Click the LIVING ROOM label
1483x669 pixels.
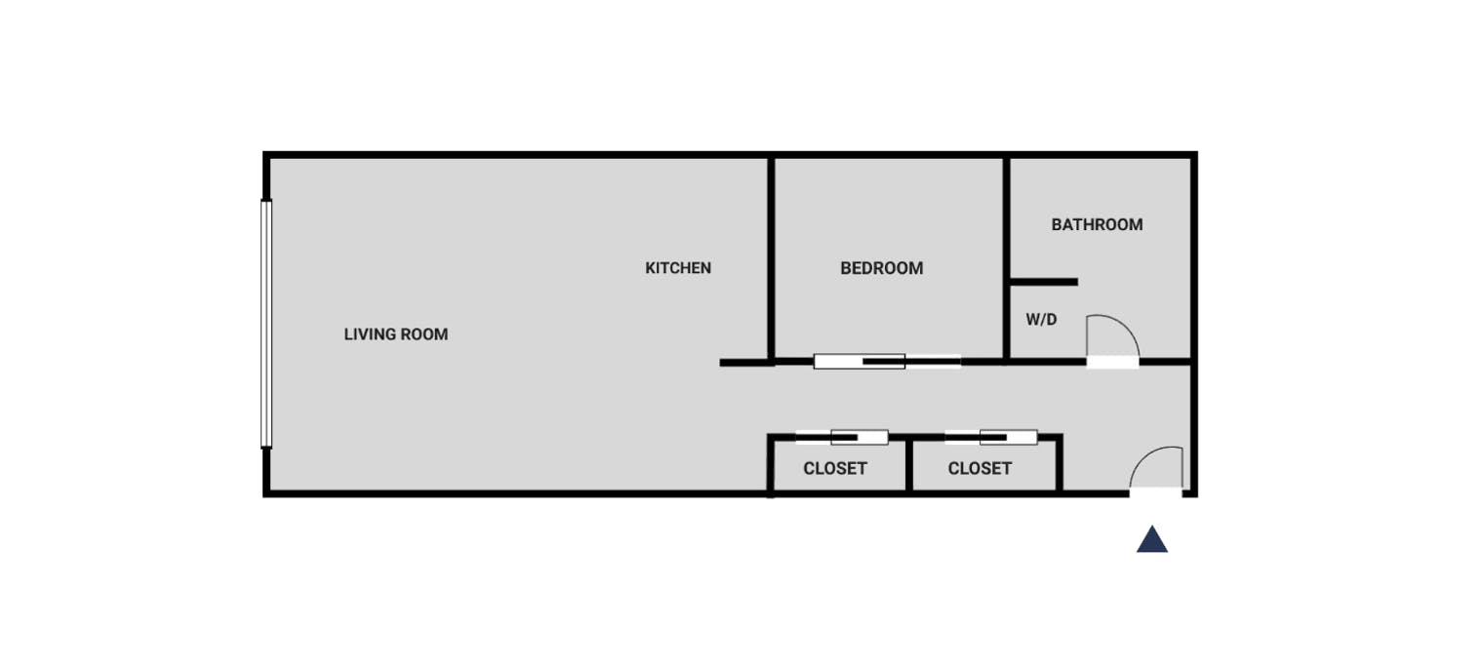coord(396,334)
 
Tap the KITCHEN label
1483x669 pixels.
coord(678,268)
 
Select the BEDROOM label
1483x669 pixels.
coord(881,268)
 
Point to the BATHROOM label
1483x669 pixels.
coord(1097,224)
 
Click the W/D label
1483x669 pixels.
coord(1041,320)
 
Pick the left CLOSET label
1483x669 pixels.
coord(835,468)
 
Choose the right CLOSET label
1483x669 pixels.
coord(980,468)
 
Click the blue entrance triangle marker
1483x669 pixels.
coord(1152,540)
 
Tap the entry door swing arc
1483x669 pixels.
coord(1145,456)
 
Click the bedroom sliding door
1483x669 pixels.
coord(887,361)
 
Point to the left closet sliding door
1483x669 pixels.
coord(841,438)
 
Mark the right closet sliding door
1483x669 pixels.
coord(991,438)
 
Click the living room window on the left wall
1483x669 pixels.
coord(266,324)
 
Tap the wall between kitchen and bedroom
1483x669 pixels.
coord(771,258)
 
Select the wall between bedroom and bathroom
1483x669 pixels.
coord(1006,258)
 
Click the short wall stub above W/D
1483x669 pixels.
coord(1044,282)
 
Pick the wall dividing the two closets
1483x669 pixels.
coord(909,465)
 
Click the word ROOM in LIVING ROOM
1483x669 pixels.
coord(422,334)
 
